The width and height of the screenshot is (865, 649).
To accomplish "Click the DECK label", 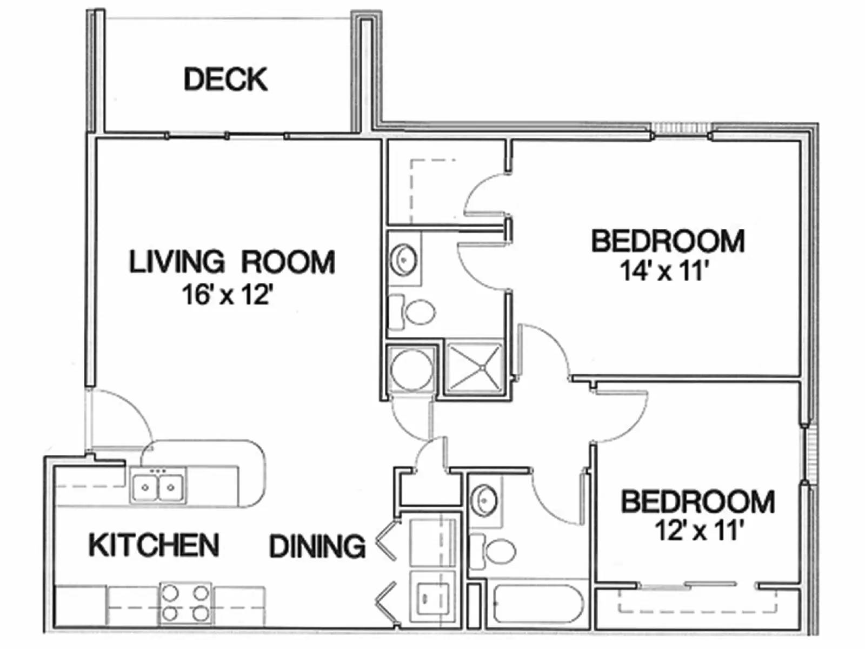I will pos(225,80).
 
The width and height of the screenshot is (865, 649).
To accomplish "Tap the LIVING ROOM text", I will pos(232,262).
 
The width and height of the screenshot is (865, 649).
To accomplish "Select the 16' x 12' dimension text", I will pos(226,295).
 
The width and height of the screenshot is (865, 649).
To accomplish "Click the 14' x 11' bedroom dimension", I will pos(663,271).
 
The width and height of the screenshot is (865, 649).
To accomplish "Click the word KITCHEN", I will pos(154,545).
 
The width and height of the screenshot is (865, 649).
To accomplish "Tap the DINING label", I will pos(317,546).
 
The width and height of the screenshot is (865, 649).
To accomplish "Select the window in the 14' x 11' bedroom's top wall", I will pos(681,130).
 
